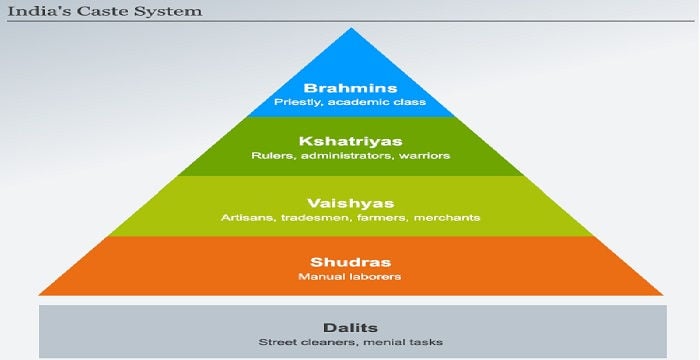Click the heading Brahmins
pos(350,87)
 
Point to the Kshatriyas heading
pos(350,141)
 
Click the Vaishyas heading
pos(350,201)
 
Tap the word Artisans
pos(243,217)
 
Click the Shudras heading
pos(350,259)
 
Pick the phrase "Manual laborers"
pos(350,275)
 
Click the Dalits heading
pos(350,326)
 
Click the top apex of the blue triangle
pos(350,29)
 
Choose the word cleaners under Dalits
pos(321,342)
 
